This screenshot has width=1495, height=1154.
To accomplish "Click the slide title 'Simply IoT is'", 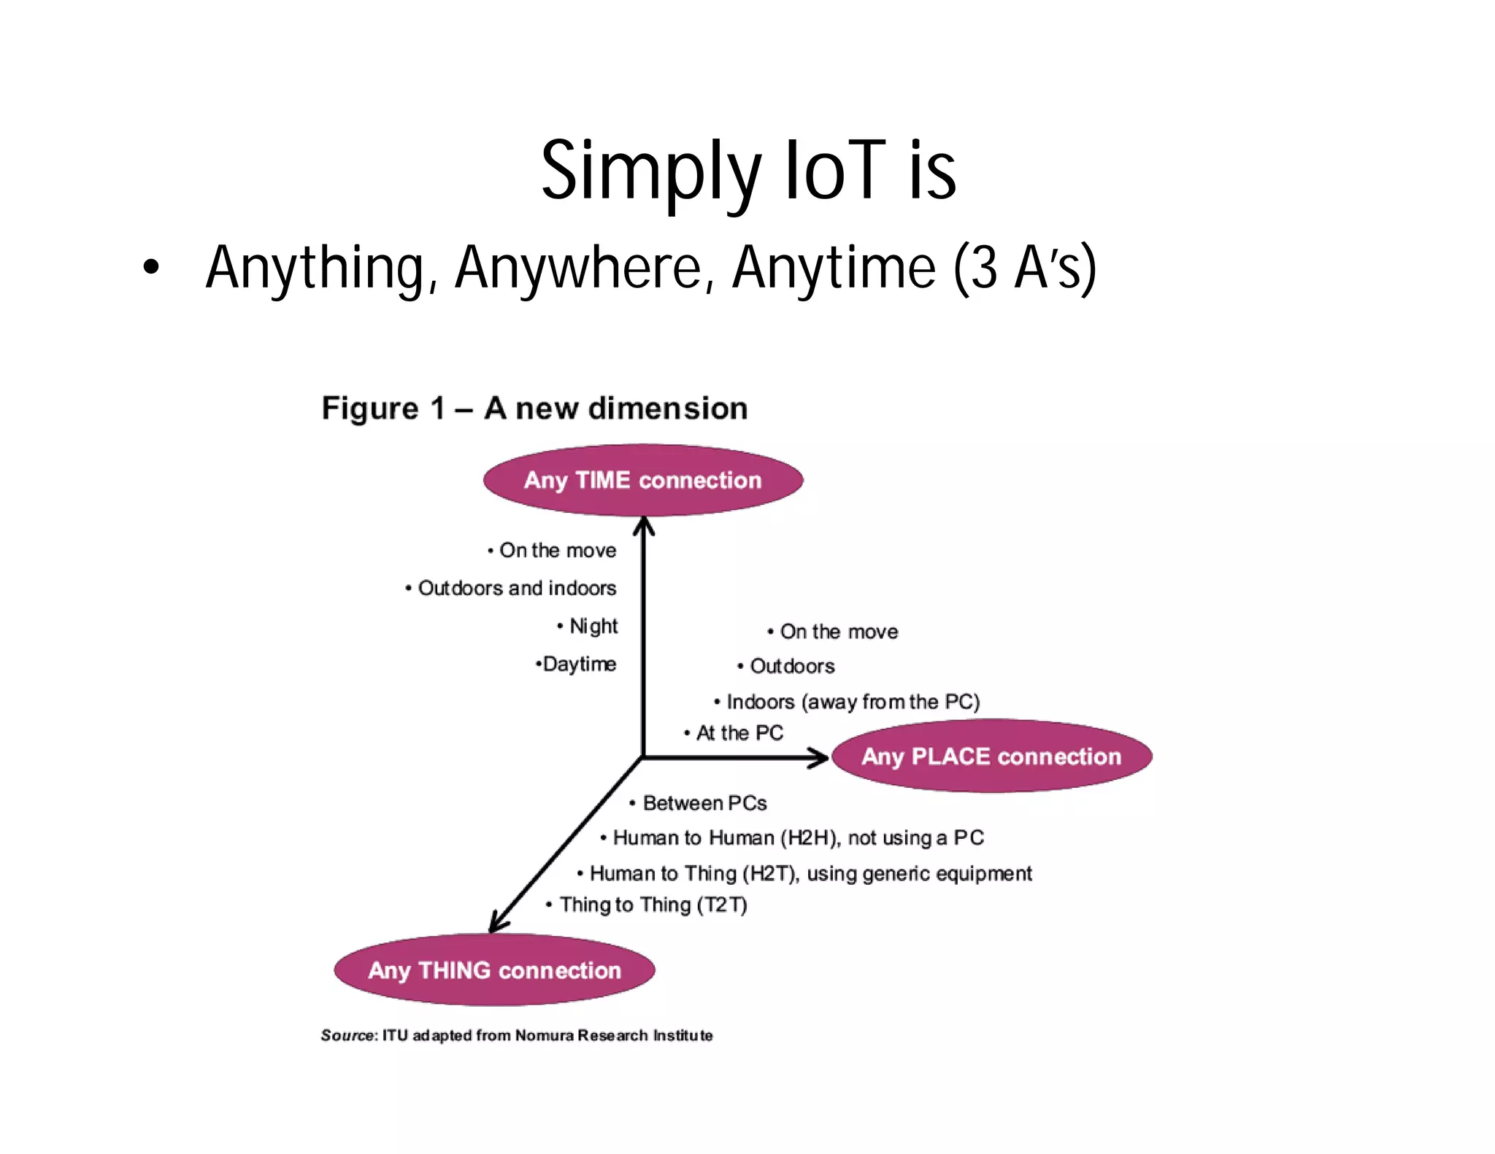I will click(748, 172).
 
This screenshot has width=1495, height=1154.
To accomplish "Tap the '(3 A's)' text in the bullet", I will click(1024, 268).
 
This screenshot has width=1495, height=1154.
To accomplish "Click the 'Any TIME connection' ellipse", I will click(642, 480).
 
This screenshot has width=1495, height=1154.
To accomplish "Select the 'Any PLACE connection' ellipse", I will click(991, 756).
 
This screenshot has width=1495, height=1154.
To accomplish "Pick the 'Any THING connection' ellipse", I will click(494, 970).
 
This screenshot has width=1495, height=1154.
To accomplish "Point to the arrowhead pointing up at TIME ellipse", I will click(643, 525).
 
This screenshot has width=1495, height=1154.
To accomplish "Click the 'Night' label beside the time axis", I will click(593, 626).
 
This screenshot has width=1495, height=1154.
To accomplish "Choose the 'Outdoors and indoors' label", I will click(517, 588).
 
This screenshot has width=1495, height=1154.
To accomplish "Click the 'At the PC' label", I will click(739, 732).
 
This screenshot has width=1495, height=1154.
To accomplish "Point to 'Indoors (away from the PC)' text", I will click(852, 702).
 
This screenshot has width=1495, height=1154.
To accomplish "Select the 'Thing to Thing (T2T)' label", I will click(653, 905).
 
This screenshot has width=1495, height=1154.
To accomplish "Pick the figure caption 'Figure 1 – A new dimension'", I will click(534, 408).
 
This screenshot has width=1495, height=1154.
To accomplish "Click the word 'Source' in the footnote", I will click(347, 1035).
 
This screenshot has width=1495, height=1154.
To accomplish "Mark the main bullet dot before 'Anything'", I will click(150, 268).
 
